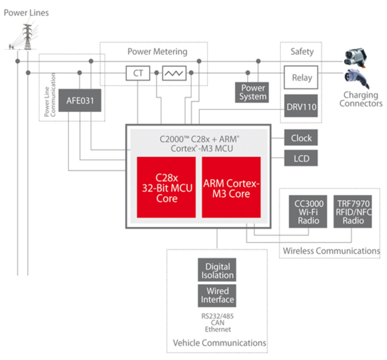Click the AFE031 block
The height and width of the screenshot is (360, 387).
pos(80,100)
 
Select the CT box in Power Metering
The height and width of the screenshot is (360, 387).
pos(138,73)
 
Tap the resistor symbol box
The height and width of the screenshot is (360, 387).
pos(174,73)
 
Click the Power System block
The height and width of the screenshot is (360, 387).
pos(252,92)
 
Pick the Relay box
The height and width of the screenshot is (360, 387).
pos(301,78)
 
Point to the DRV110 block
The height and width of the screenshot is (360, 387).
pos(301,106)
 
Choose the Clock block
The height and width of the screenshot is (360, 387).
pos(301,138)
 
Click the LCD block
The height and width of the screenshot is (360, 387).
pos(301,158)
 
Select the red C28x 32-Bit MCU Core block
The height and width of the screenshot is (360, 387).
pos(166,187)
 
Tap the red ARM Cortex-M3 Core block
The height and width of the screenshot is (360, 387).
pos(231,187)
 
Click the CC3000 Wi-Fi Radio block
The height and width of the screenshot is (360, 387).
pos(308,211)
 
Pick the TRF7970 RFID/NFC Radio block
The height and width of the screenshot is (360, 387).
pos(353,211)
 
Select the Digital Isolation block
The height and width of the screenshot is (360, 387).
pos(217,270)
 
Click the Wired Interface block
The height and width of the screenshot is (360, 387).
pos(217,295)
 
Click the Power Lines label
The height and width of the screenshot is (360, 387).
pos(26,13)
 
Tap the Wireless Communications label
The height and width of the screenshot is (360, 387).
pos(331,251)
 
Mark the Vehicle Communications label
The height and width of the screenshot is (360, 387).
pos(219,343)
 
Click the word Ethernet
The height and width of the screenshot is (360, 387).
pos(218,329)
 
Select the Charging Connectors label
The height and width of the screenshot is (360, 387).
pos(361,99)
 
